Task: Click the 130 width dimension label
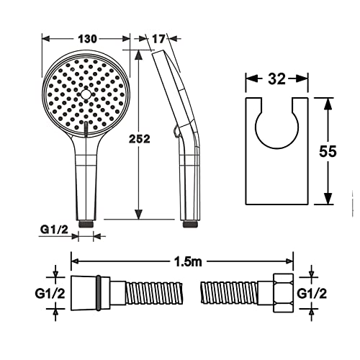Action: coord(88,39)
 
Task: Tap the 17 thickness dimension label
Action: coord(158,39)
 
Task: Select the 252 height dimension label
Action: coord(140,139)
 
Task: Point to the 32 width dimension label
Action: coord(276,79)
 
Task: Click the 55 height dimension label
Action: coord(328,151)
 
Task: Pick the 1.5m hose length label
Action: coord(187,262)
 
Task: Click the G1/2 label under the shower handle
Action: coord(54,230)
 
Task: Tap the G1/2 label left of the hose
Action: coord(50,293)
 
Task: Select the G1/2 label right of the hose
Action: coord(312,293)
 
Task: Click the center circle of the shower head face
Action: coord(86,94)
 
